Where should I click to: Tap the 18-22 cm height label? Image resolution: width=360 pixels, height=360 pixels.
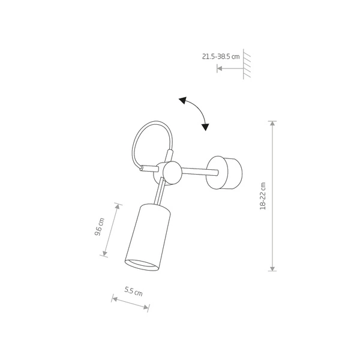click(262, 196)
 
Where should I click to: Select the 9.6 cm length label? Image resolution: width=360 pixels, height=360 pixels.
click(100, 229)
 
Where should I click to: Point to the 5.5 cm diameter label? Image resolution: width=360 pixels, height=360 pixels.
click(133, 292)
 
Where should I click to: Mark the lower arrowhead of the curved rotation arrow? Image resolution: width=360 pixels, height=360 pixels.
click(206, 127)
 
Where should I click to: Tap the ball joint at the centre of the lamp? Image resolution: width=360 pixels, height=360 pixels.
click(169, 173)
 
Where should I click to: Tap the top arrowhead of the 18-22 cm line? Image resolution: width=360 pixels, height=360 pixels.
click(273, 124)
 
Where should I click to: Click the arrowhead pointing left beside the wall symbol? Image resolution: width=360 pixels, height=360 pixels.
click(220, 69)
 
